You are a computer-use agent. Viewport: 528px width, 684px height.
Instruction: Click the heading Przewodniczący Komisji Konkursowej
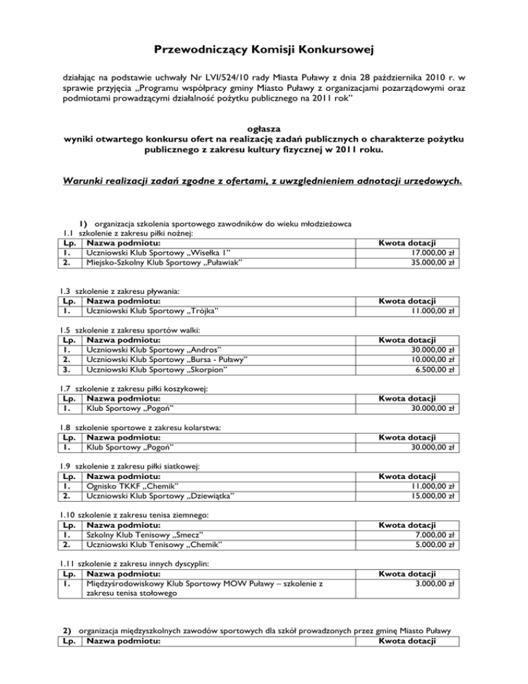tap(264, 50)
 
